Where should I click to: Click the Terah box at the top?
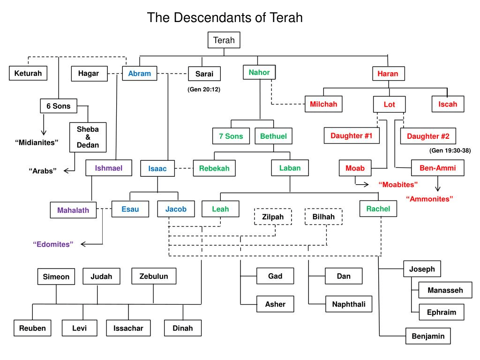pyautogui.click(x=224, y=40)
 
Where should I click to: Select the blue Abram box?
pyautogui.click(x=139, y=74)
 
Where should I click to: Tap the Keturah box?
pyautogui.click(x=28, y=73)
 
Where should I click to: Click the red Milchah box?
pyautogui.click(x=323, y=104)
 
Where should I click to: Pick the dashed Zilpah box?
pyautogui.click(x=273, y=217)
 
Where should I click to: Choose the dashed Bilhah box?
pyautogui.click(x=323, y=217)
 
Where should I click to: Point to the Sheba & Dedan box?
pyautogui.click(x=88, y=137)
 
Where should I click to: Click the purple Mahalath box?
pyautogui.click(x=73, y=210)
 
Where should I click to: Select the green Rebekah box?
pyautogui.click(x=214, y=168)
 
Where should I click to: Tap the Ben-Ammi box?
pyautogui.click(x=437, y=168)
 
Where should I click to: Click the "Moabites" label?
pyautogui.click(x=398, y=184)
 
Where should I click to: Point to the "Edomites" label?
pyautogui.click(x=53, y=244)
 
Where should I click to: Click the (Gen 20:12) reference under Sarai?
pyautogui.click(x=203, y=89)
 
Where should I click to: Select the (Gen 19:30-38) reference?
pyautogui.click(x=450, y=150)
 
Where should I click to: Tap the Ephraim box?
pyautogui.click(x=441, y=312)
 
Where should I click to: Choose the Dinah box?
pyautogui.click(x=183, y=328)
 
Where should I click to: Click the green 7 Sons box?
pyautogui.click(x=231, y=136)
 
